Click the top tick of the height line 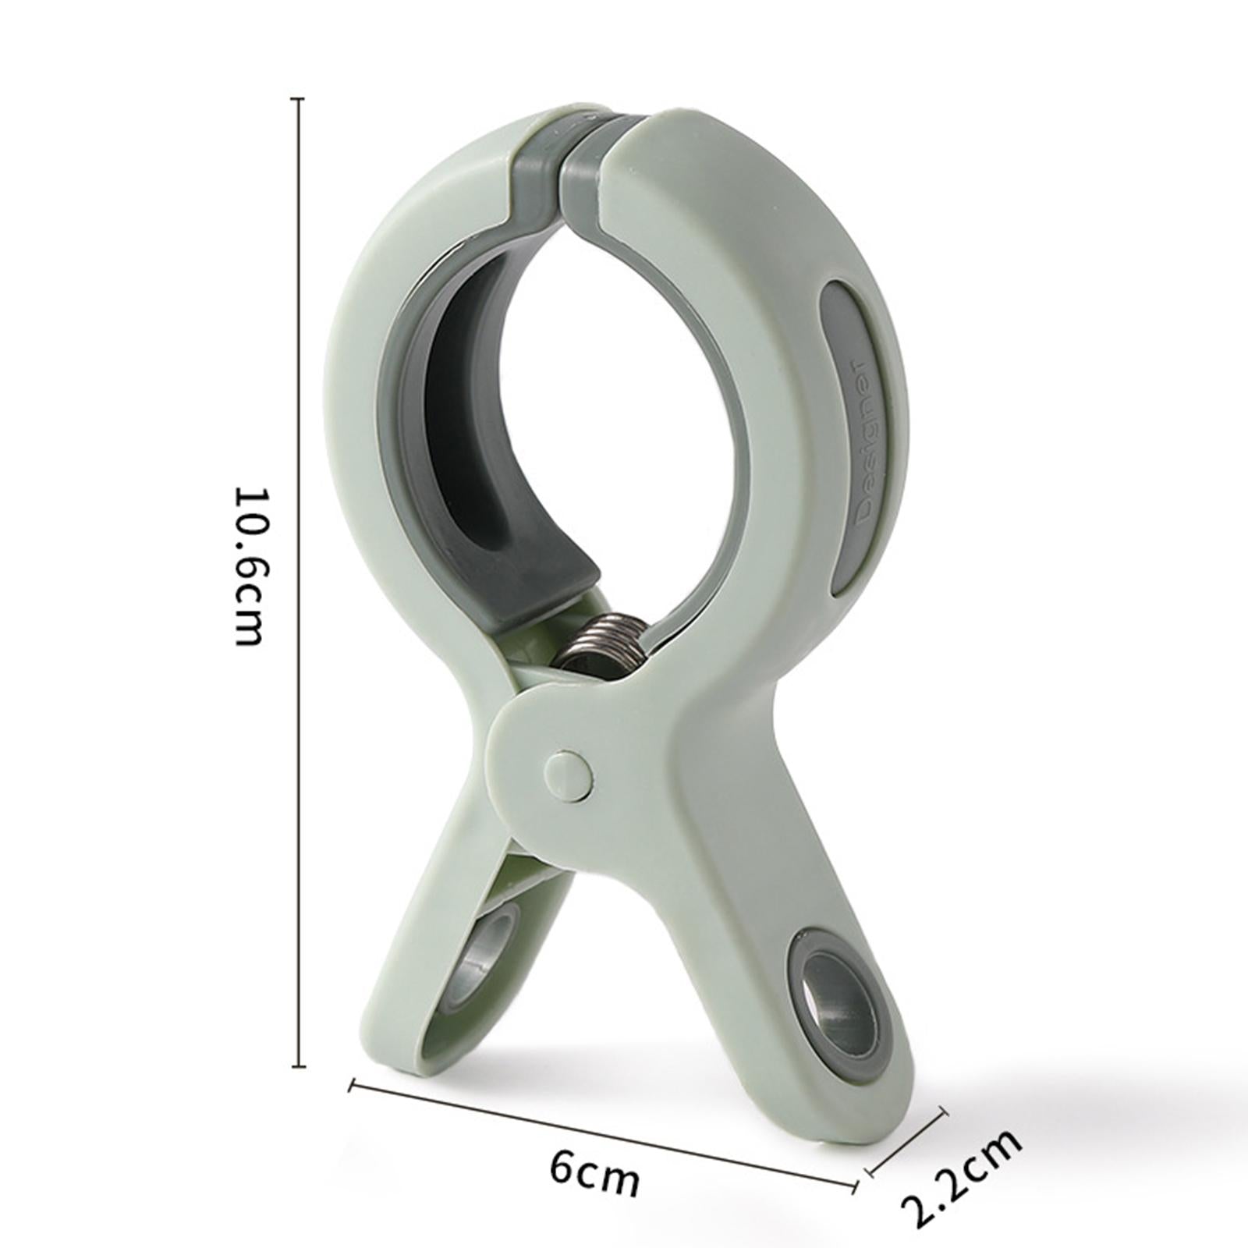pos(296,99)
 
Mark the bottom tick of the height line pos(296,1065)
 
